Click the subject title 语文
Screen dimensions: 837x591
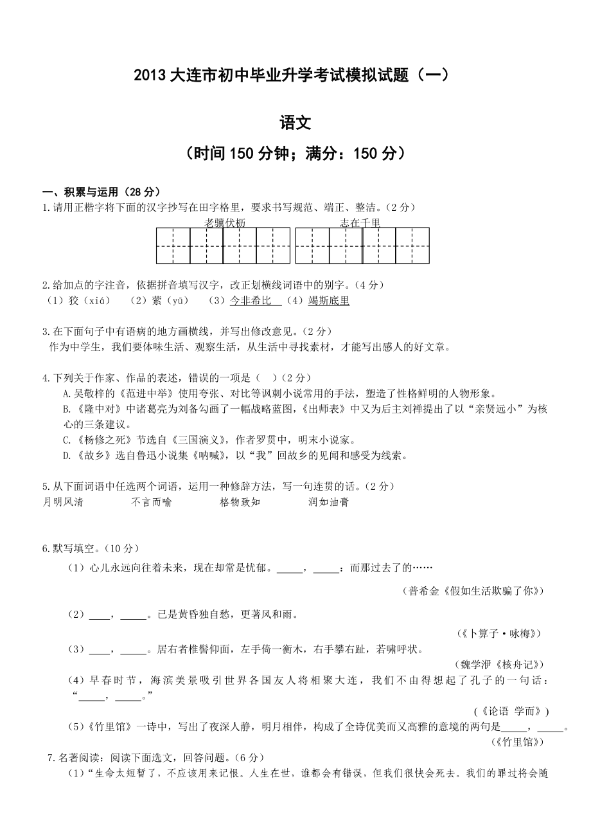coord(295,122)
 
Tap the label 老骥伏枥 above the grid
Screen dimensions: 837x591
coord(225,222)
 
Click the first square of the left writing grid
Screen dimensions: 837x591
coord(173,246)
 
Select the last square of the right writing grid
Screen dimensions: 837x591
coord(412,246)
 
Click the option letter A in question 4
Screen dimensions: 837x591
coord(66,393)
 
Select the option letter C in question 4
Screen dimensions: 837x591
coord(66,440)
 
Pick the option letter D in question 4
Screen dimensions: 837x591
coord(66,456)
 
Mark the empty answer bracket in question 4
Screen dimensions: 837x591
coord(266,378)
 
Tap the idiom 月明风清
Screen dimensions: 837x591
coord(62,502)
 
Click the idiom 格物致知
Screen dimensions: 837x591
coord(240,502)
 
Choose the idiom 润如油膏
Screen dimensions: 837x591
coord(328,502)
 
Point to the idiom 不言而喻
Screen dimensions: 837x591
coord(152,502)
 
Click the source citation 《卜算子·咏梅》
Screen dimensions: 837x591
coord(500,633)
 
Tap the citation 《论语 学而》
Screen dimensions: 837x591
coord(511,711)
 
